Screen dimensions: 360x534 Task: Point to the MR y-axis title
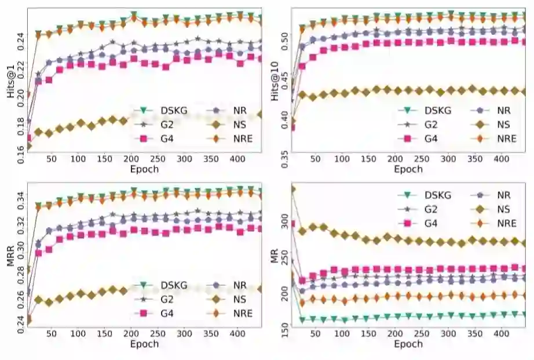point(275,256)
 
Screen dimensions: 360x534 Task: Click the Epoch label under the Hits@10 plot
point(408,169)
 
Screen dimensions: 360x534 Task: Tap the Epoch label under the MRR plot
point(144,344)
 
